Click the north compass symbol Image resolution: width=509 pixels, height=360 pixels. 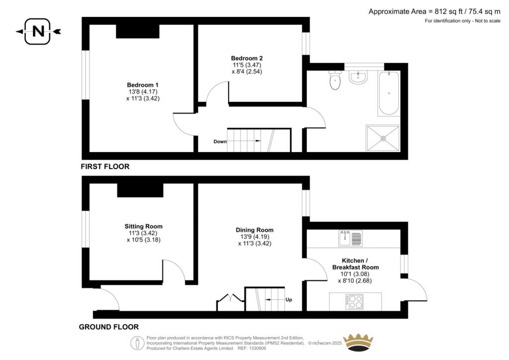38,31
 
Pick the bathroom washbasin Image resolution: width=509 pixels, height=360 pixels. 358,77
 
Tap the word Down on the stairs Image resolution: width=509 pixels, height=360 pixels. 220,142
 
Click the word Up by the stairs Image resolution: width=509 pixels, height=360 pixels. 289,300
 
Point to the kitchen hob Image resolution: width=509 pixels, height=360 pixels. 355,301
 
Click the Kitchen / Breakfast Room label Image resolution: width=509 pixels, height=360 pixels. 355,264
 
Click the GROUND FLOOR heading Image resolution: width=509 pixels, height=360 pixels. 109,327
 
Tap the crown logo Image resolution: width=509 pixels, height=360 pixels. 358,344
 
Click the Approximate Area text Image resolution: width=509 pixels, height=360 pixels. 434,11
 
